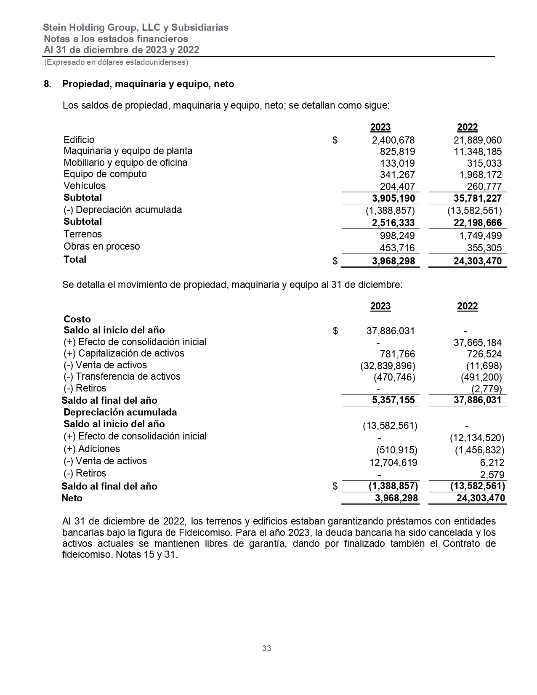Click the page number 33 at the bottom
coord(266,648)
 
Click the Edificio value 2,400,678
coord(393,140)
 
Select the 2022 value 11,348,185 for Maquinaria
coord(478,152)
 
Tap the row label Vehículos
coord(85,186)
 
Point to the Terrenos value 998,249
coord(397,236)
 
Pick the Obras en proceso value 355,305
coord(484,248)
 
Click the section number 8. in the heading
coord(48,84)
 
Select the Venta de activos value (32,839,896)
coord(388,365)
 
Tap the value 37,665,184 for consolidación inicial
coord(478,343)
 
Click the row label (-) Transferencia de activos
coord(122,376)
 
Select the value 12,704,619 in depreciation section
coord(393,463)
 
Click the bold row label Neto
coord(72,498)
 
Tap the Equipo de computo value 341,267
coord(397,175)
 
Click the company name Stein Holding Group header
coord(136,28)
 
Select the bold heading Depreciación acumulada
coord(120,412)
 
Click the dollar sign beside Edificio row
coord(335,140)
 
